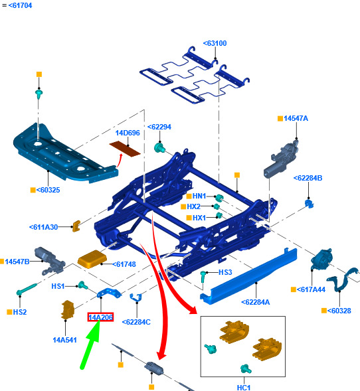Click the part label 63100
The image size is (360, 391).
215,43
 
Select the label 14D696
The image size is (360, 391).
128,133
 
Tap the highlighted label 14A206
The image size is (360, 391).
100,317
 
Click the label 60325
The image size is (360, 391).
48,190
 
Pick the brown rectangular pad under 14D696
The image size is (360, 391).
125,149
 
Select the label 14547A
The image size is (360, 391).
296,118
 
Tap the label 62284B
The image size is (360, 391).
308,178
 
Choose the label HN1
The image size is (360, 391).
199,196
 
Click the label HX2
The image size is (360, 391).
193,206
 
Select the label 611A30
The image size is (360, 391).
43,227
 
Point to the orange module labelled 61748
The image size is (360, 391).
92,259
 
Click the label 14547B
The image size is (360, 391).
17,262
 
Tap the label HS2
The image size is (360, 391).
20,312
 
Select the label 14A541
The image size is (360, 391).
64,340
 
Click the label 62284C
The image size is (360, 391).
136,322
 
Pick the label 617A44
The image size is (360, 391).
311,289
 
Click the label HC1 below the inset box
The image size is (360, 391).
244,388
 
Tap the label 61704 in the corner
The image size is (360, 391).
20,5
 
